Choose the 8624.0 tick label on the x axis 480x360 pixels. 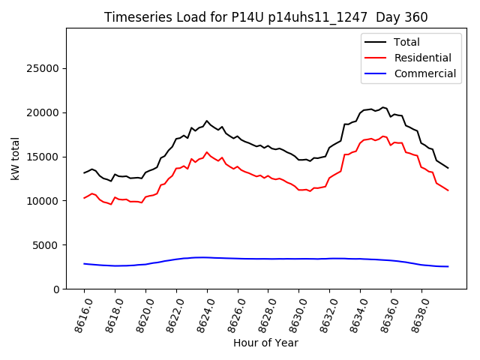coord(202,313)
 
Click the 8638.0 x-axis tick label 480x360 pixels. coord(417,313)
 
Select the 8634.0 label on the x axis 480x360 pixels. coord(355,313)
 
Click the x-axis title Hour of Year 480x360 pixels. coord(265,343)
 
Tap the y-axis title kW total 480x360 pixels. coord(15,158)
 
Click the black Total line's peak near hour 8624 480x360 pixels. coord(206,121)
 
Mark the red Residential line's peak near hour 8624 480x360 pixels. coord(206,152)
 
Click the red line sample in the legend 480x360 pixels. coord(376,58)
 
